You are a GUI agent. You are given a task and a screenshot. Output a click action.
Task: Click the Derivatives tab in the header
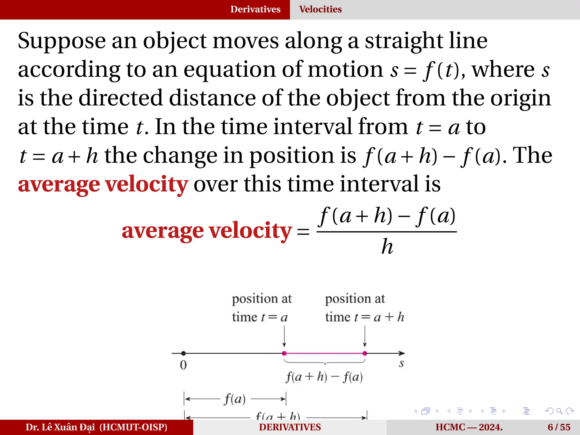[x=255, y=9]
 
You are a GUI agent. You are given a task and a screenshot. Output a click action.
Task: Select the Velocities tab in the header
[x=320, y=9]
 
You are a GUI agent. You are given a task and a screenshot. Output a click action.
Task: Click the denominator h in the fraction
[x=387, y=246]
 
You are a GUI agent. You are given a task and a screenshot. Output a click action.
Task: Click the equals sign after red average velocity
[x=303, y=232]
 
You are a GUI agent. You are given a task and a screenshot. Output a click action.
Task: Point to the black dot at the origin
[x=184, y=353]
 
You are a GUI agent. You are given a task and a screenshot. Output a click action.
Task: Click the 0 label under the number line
[x=183, y=365]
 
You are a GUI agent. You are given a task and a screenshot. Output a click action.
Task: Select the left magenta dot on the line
[x=284, y=353]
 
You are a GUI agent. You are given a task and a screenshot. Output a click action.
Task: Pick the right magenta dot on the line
[x=365, y=353]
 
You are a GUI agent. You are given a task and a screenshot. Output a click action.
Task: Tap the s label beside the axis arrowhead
[x=401, y=364]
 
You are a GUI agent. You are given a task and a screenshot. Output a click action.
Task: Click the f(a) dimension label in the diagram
[x=235, y=399]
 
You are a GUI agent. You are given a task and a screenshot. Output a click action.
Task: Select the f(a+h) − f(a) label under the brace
[x=324, y=377]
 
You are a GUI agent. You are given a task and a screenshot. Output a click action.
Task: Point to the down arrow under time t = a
[x=284, y=337]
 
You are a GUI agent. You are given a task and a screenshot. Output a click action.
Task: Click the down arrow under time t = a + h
[x=365, y=337]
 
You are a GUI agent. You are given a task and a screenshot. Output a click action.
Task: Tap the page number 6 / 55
[x=559, y=427]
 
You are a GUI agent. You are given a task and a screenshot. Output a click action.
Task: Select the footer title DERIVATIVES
[x=290, y=427]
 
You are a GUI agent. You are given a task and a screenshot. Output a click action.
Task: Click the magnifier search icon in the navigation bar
[x=559, y=411]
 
